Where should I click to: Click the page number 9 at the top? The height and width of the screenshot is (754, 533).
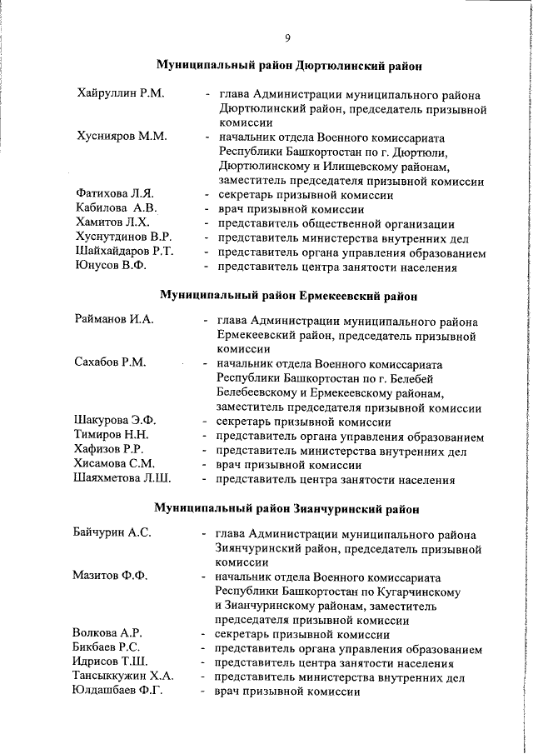287,37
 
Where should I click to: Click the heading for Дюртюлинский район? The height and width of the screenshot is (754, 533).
287,65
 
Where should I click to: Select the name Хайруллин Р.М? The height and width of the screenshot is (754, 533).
119,93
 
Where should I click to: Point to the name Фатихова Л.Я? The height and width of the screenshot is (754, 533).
115,194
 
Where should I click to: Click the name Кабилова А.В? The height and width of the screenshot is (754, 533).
116,208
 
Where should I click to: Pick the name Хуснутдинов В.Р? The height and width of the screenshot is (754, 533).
123,237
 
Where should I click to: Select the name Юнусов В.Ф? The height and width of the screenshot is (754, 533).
110,267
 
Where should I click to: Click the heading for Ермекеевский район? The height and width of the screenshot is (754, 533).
287,296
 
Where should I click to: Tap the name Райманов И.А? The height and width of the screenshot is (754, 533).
114,319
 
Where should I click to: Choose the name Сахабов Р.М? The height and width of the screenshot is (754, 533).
110,362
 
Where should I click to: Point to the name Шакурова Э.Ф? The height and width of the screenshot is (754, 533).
115,421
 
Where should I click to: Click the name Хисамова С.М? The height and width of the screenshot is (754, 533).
114,464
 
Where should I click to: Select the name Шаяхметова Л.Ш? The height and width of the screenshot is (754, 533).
122,479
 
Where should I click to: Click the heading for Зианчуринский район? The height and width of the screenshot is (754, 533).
287,507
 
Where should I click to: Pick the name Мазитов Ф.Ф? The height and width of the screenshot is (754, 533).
108,577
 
